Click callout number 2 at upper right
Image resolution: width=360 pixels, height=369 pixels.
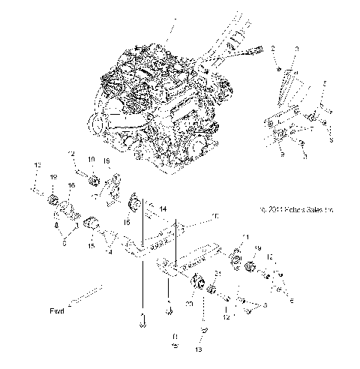pyautogui.click(x=274, y=49)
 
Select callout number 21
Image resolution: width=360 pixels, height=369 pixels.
pyautogui.click(x=218, y=273)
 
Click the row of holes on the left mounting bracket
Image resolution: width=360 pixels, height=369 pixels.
pyautogui.click(x=158, y=244)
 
